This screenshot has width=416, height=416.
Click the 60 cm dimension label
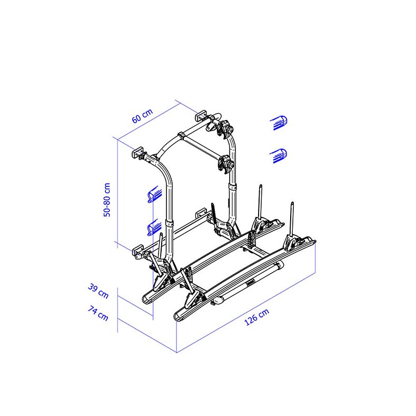[143, 116]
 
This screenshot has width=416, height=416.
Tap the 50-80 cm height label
[107, 200]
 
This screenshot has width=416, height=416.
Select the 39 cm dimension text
[98, 291]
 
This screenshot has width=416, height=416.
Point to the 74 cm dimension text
[98, 313]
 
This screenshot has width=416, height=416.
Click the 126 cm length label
[256, 316]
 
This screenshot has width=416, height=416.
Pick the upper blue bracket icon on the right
[279, 123]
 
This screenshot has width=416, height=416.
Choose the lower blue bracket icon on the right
[279, 156]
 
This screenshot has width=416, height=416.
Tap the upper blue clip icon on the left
[154, 194]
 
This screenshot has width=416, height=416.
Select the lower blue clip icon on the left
[154, 227]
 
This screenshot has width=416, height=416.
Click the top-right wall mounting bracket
[201, 116]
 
